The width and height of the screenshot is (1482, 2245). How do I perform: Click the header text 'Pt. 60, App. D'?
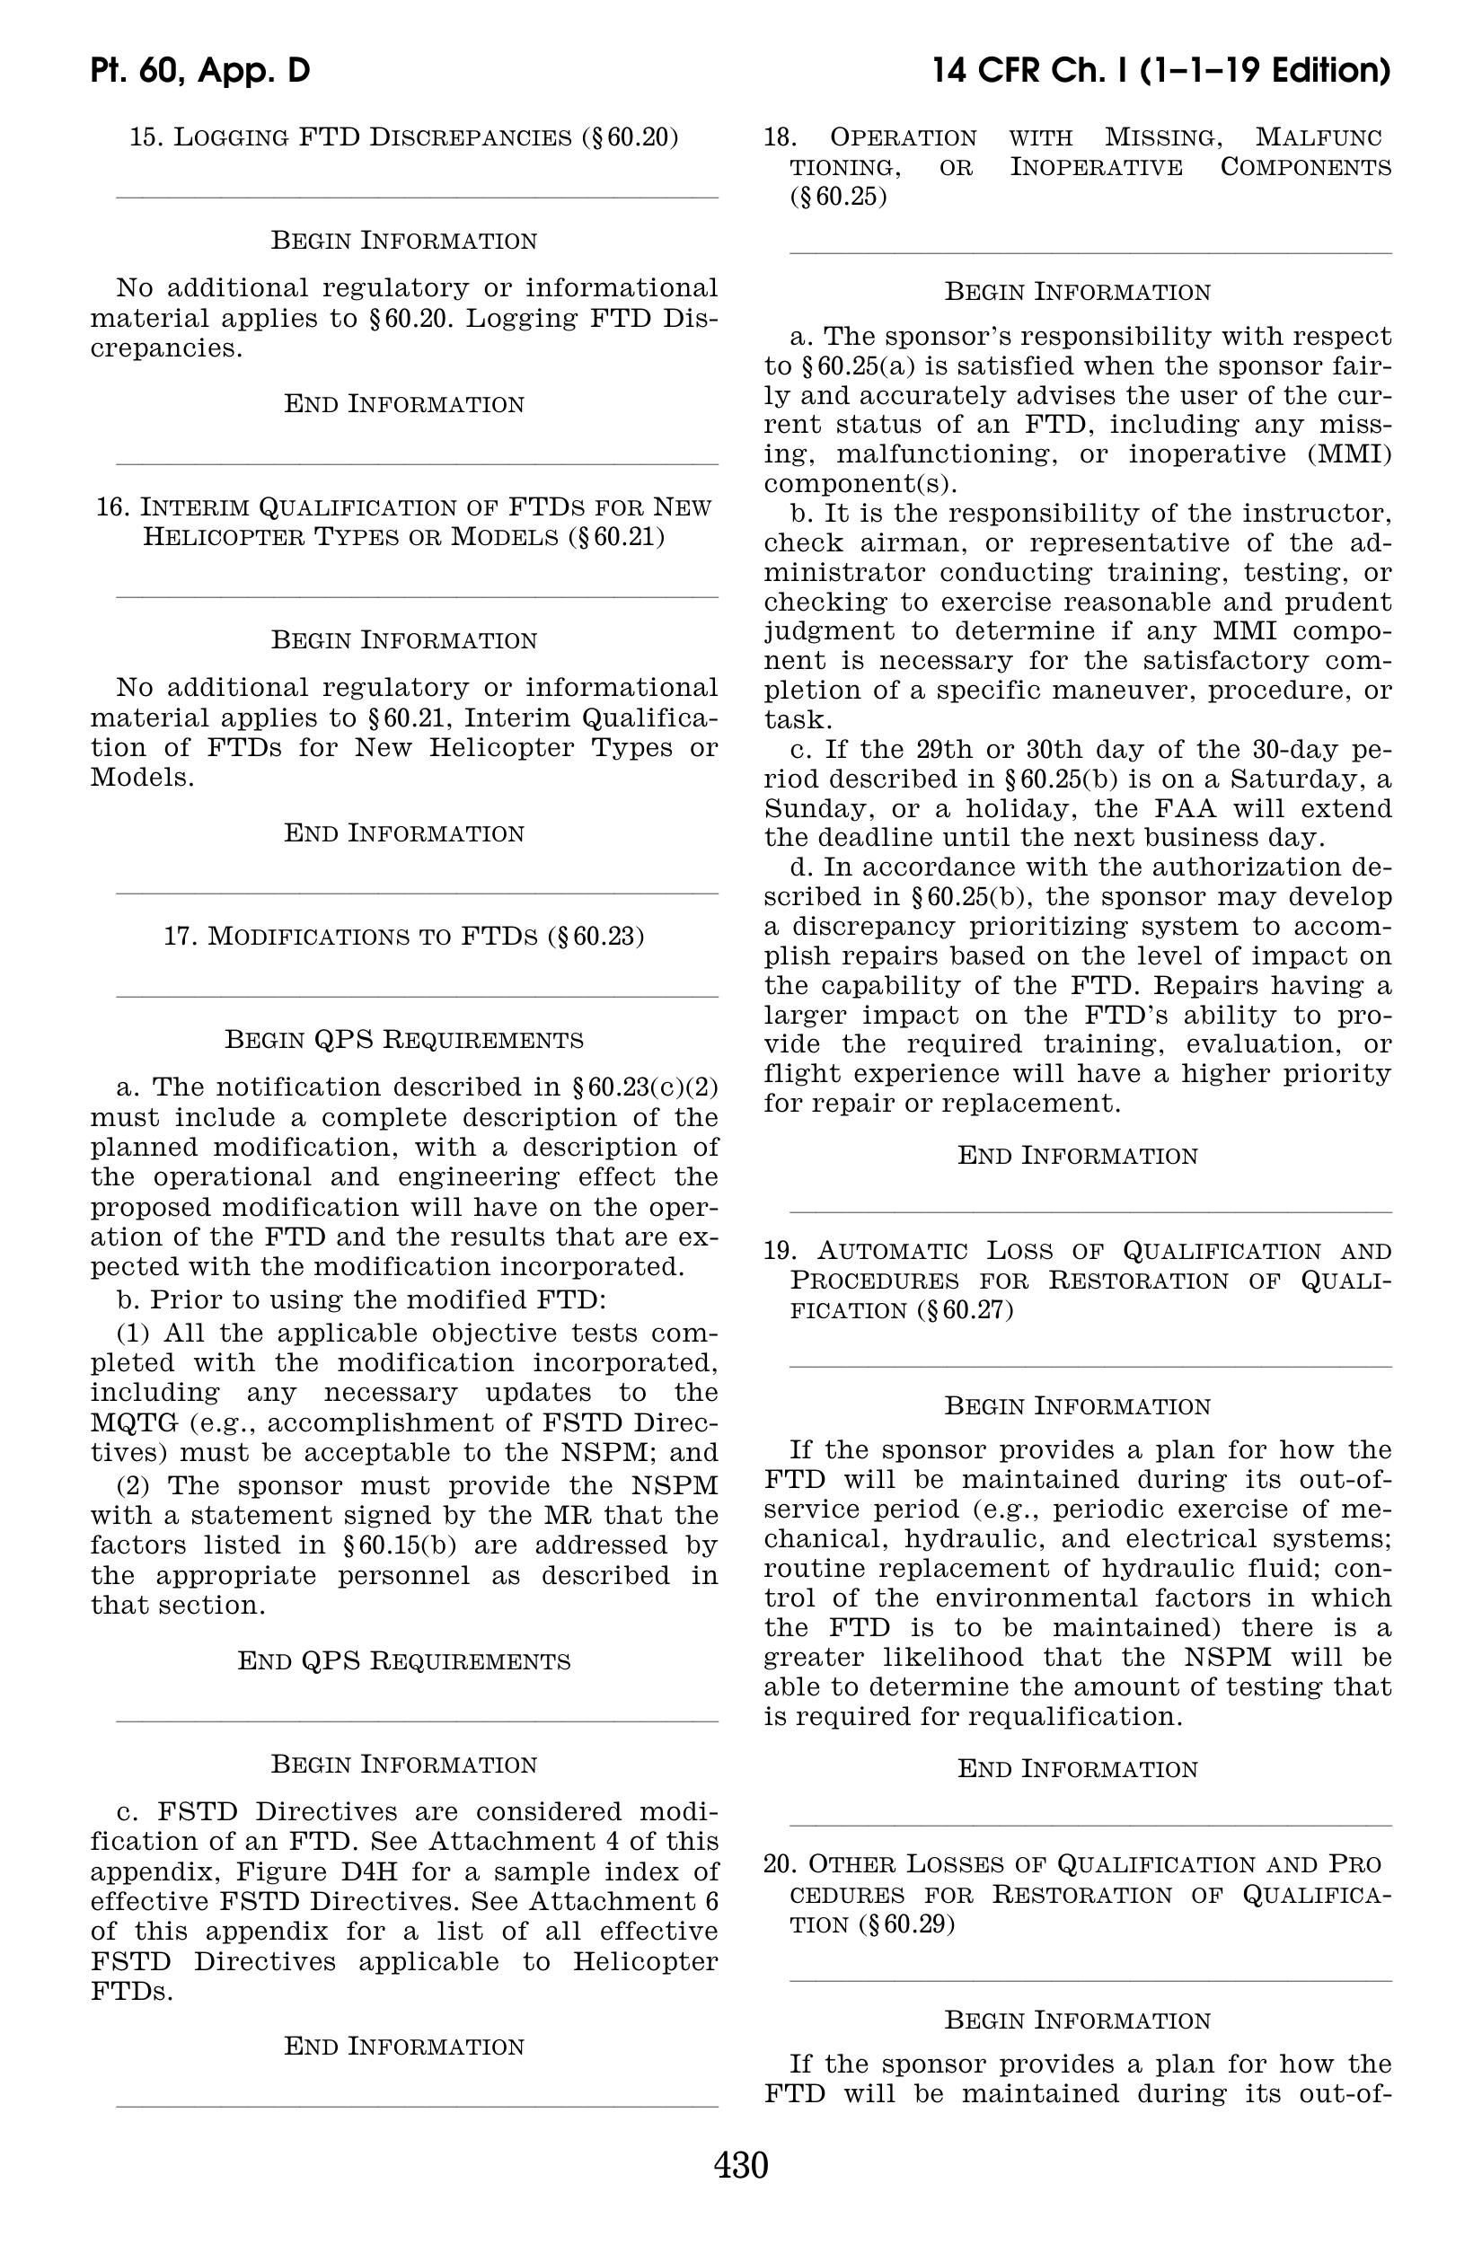coord(200,71)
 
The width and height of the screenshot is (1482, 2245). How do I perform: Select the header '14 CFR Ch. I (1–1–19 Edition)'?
coord(1160,71)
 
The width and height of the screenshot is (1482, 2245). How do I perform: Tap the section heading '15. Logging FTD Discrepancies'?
coord(403,138)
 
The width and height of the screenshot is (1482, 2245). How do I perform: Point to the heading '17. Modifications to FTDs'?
coord(403,937)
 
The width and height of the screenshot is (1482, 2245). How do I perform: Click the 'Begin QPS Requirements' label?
coord(403,1040)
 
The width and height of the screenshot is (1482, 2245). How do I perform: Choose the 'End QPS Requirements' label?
coord(403,1661)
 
